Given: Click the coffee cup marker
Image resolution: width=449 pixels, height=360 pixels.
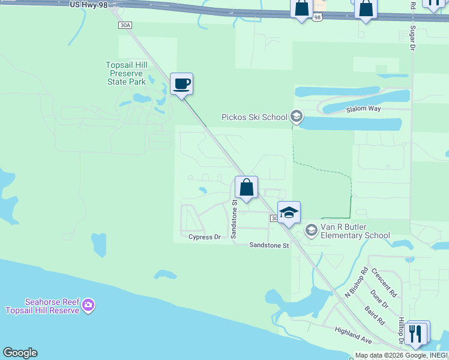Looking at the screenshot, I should [x=181, y=83].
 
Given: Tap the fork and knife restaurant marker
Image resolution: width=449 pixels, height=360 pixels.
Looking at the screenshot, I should [x=415, y=333].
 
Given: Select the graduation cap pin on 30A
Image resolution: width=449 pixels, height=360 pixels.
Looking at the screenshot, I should [x=289, y=213].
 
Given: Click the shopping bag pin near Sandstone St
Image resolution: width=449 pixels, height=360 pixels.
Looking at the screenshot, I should [x=246, y=187].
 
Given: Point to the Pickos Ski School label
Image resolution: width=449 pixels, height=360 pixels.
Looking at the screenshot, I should [x=255, y=117].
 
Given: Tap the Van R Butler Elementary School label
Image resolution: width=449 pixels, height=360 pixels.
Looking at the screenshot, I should [x=355, y=231].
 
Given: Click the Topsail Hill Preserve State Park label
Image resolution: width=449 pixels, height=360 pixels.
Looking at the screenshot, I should [x=127, y=73].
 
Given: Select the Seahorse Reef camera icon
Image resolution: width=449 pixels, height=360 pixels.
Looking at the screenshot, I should [x=88, y=305].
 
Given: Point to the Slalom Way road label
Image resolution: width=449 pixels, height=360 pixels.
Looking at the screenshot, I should [x=364, y=109].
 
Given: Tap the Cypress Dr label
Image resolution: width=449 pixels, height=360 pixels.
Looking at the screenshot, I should [x=205, y=237].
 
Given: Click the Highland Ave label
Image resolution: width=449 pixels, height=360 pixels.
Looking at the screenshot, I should [x=354, y=337].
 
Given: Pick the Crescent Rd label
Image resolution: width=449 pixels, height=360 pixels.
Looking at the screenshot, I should [x=384, y=283].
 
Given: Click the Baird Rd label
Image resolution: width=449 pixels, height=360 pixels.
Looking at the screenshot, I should [x=375, y=315].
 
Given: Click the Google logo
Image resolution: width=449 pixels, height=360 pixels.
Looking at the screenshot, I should [x=20, y=353].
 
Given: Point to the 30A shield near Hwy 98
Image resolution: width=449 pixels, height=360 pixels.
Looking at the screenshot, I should [x=125, y=25].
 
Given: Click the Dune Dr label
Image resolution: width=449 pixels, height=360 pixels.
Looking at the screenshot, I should [x=379, y=300].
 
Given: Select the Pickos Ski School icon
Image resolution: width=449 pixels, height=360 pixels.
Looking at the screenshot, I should [x=295, y=116].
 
